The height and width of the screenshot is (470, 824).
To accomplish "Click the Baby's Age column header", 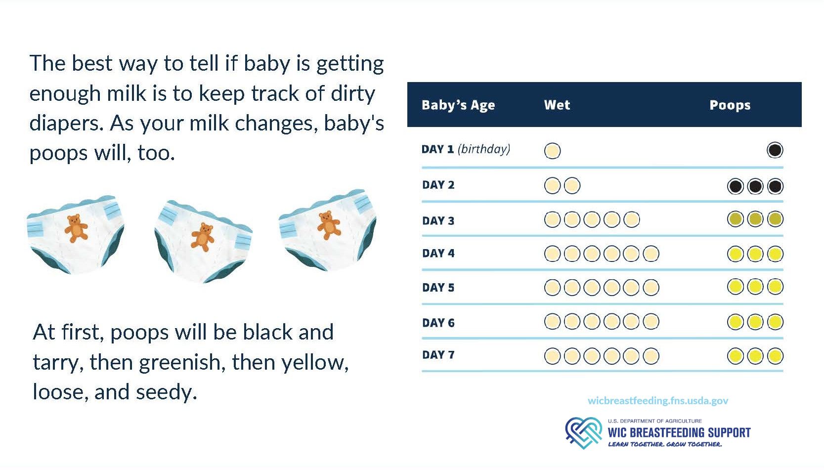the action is click(x=458, y=105).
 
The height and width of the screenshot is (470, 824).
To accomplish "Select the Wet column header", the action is click(x=557, y=105).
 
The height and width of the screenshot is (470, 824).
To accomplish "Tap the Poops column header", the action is click(x=730, y=106).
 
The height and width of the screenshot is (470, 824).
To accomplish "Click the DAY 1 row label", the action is click(x=437, y=149).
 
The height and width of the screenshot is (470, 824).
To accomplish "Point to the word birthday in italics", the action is click(x=484, y=149).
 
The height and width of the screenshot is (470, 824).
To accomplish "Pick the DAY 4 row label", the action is click(x=438, y=254).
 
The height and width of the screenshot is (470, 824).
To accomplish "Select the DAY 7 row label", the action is click(x=438, y=355).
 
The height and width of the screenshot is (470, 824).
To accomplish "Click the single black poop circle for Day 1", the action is click(x=775, y=150).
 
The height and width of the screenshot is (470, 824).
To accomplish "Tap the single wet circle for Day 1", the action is click(x=552, y=151).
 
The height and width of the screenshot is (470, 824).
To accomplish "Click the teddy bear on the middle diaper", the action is click(x=202, y=237).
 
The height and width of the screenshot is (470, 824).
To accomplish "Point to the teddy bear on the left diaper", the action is click(x=76, y=228).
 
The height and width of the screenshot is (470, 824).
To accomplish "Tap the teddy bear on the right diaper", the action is click(x=329, y=225).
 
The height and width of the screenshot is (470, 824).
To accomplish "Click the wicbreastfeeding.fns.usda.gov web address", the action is click(x=658, y=400).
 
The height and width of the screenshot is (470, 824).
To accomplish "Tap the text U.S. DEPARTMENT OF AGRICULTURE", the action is click(x=655, y=421).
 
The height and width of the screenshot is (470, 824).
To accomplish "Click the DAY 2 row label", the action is click(x=438, y=185).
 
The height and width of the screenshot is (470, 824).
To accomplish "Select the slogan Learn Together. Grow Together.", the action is click(x=665, y=444).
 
